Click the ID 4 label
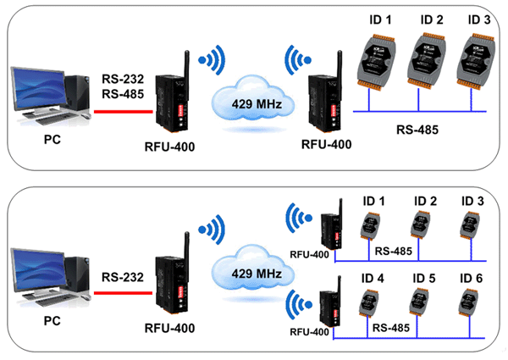pos(373,277)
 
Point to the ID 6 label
pos(472,277)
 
